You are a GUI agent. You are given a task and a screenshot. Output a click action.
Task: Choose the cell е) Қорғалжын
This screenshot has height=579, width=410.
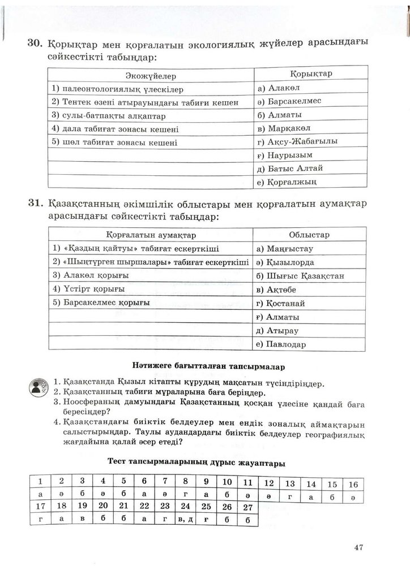coord(286,182)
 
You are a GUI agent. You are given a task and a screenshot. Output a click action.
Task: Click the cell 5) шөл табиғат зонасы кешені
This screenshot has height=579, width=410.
coord(114,142)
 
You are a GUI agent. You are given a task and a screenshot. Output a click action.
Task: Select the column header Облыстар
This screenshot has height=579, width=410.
coord(309,235)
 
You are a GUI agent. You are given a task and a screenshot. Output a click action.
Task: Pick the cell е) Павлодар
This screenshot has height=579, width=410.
coord(280,344)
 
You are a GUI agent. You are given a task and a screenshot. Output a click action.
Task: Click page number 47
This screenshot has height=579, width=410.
coord(357,547)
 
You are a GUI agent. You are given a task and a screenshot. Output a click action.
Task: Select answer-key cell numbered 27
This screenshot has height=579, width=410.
coord(245,507)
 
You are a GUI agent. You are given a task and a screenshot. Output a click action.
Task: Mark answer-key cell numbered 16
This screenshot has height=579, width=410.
coord(353,484)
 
